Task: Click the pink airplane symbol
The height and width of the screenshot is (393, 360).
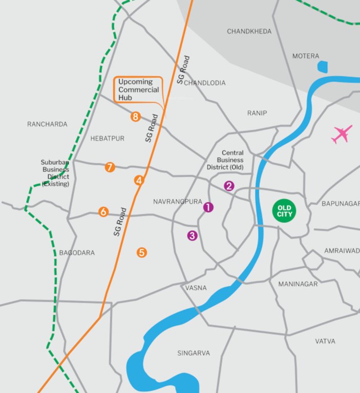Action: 342,134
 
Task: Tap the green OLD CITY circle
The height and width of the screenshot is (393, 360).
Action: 283,211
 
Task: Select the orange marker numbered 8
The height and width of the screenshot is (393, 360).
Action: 135,117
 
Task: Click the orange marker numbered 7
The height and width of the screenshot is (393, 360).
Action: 110,167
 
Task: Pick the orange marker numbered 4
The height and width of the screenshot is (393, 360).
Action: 139,180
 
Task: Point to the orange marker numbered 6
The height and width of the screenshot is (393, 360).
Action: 103,212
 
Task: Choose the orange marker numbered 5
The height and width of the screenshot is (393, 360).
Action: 142,252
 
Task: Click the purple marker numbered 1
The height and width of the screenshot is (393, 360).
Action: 208,207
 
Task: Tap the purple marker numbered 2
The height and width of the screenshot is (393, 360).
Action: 229,186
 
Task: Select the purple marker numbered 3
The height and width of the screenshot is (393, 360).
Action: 192,236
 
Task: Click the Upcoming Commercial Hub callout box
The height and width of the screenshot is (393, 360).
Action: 137,90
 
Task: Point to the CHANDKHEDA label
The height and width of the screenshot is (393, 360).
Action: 249,32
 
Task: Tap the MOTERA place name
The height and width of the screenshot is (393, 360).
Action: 306,56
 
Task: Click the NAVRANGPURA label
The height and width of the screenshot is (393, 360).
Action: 178,202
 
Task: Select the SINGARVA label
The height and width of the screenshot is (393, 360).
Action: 194,353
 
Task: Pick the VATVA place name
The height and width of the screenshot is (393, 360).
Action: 325,341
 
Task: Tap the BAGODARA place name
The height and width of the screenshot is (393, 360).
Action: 77,253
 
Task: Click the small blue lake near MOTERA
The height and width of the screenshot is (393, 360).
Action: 323,67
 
